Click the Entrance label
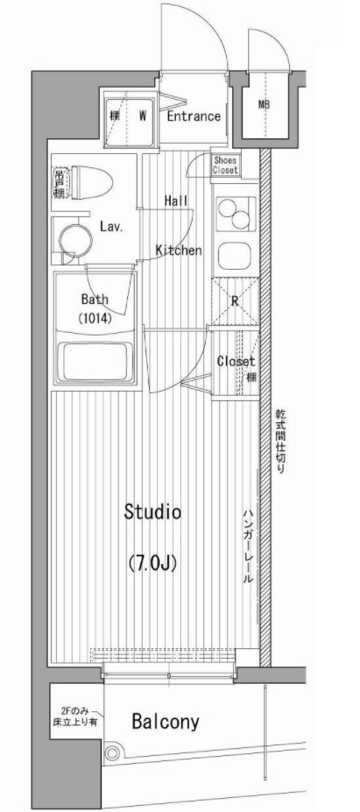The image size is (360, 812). point(193,116)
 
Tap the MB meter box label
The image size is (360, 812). point(264,105)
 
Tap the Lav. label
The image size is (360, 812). point(109,226)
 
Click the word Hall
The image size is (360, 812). point(175,201)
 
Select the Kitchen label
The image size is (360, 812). point(179,251)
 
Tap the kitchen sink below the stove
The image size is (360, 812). point(234,255)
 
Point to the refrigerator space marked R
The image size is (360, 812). point(234,300)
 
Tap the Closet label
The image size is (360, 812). point(234,361)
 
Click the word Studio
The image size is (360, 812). point(152,512)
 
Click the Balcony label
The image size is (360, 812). point(166,722)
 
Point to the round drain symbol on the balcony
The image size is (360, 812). point(111,752)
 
